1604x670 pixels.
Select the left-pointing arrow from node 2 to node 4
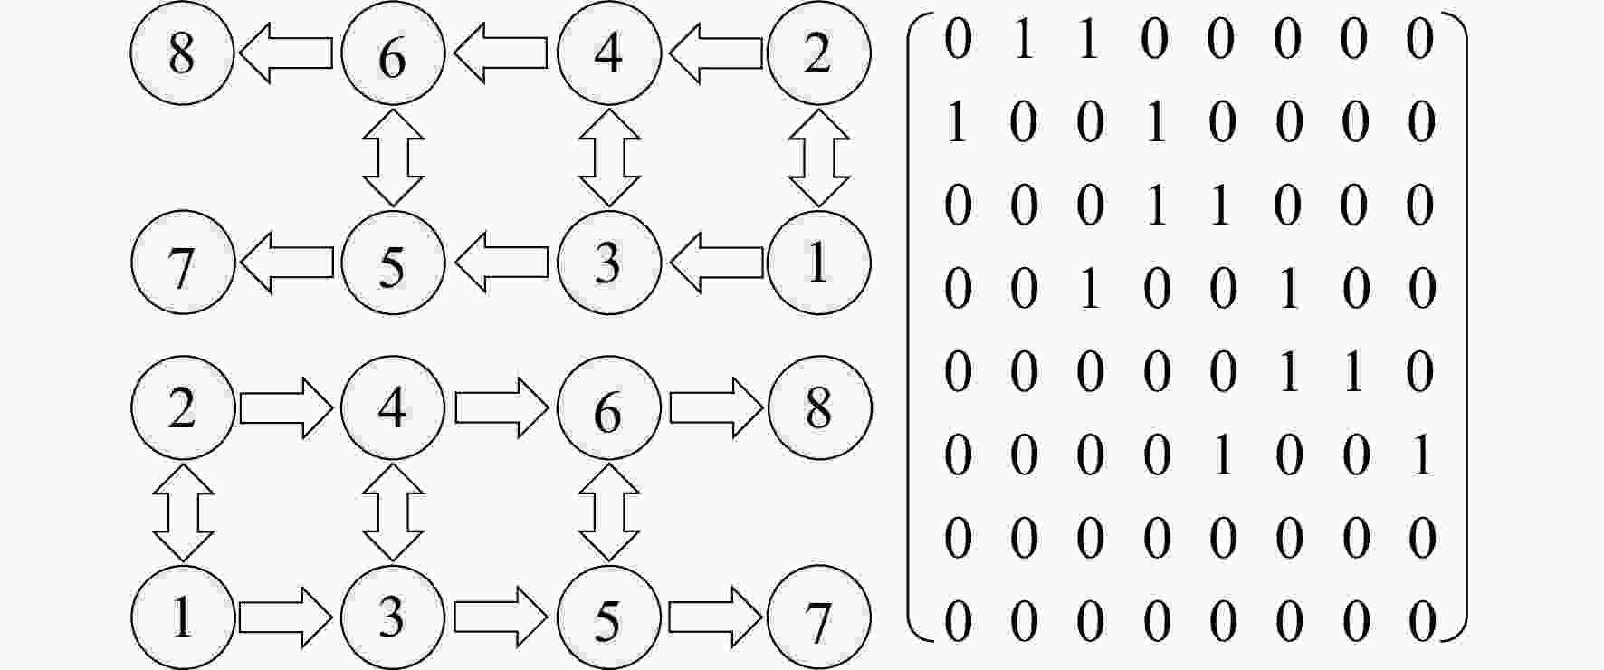pos(716,53)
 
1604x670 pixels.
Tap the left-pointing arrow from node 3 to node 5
pos(501,263)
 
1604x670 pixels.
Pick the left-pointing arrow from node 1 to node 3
pos(716,263)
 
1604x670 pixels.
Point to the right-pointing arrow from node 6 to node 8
pos(716,407)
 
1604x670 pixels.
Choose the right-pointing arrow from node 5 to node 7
pos(716,617)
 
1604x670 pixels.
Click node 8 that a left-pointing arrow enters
pos(183,53)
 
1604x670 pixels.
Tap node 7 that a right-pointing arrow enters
pos(819,617)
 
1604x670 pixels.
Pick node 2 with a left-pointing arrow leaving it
pos(819,53)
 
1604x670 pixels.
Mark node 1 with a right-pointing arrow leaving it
pos(183,617)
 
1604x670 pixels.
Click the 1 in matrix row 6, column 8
pos(1421,455)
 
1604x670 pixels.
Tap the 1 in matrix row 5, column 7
pos(1354,372)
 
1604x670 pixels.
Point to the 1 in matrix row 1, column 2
pos(1023,40)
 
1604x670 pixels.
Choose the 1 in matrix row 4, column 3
pos(1089,289)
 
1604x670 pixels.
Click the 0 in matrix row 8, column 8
pos(1421,621)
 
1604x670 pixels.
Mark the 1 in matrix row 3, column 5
pos(1221,206)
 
